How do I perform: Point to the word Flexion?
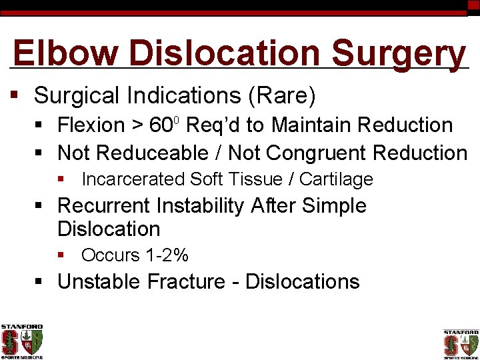91,125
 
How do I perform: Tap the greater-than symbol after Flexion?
137,125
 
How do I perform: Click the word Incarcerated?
133,179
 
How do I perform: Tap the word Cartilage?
336,179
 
